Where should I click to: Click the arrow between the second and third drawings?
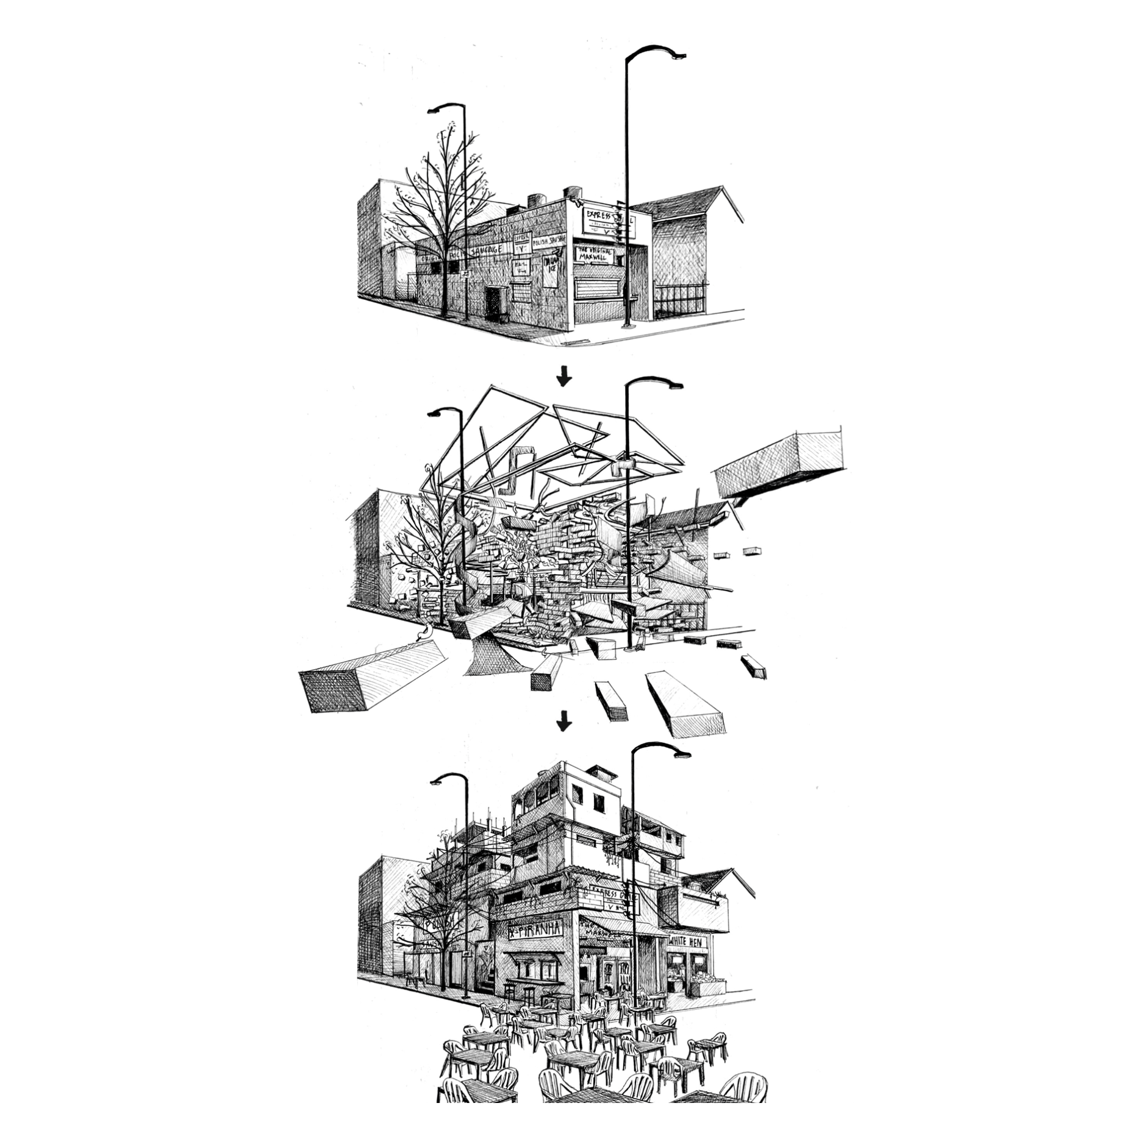point(565,722)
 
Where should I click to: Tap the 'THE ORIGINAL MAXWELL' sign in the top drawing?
point(593,254)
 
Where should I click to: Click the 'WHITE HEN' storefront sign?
point(687,942)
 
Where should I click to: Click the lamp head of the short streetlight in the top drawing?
point(434,110)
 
